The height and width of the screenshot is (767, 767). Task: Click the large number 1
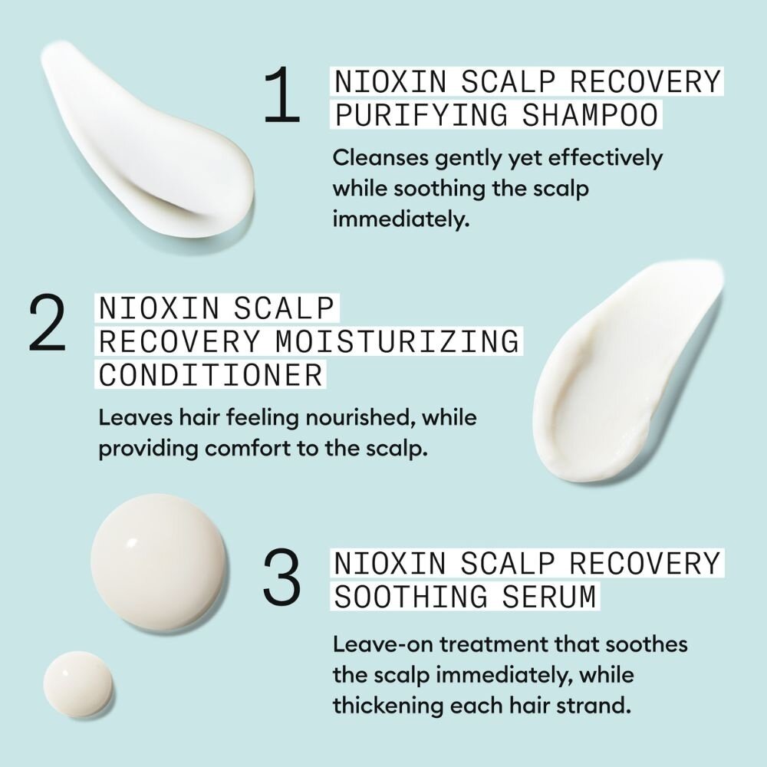pyautogui.click(x=281, y=97)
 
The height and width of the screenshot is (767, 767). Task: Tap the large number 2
pyautogui.click(x=47, y=326)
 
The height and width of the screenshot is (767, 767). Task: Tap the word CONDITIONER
pyautogui.click(x=210, y=375)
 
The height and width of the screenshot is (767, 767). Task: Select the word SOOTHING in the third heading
pyautogui.click(x=410, y=597)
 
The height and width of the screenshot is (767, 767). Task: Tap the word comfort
pyautogui.click(x=252, y=449)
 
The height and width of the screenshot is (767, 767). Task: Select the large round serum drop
pyautogui.click(x=159, y=562)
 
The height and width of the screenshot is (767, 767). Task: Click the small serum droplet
pyautogui.click(x=77, y=684)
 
